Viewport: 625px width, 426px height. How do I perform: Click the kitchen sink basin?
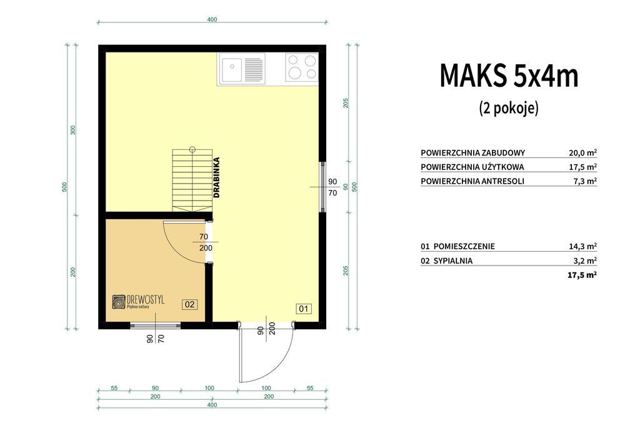(231, 69)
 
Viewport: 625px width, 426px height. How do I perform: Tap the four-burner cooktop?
(302, 67)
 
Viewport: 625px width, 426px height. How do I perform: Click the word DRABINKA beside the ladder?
(216, 178)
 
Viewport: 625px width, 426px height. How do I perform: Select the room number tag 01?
(304, 309)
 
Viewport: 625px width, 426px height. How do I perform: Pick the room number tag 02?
(190, 304)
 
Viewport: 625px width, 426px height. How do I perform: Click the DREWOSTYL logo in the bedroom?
(138, 302)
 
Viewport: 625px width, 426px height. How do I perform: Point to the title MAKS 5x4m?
(509, 76)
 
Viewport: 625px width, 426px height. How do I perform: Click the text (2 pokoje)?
(509, 107)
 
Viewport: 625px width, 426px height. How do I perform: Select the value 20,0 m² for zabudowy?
(582, 152)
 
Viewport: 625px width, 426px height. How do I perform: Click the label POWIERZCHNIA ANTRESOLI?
(472, 181)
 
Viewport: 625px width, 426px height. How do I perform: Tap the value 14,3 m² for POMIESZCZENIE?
(582, 246)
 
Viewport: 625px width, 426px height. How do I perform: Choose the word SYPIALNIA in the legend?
(452, 260)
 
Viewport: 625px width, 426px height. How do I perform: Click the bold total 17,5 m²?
(582, 275)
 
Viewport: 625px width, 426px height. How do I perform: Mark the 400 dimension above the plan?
(212, 19)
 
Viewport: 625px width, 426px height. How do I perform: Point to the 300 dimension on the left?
(73, 130)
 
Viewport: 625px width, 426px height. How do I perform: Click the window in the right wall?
(323, 187)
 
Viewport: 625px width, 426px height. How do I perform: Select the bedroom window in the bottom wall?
(156, 325)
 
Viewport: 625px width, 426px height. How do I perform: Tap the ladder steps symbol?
(192, 180)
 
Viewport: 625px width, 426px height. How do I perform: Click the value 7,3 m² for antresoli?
(585, 181)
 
